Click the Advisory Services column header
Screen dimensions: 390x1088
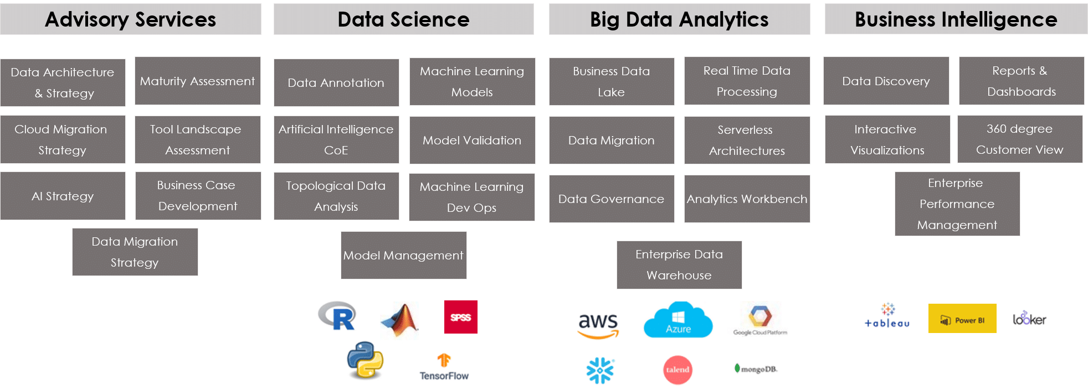[131, 19]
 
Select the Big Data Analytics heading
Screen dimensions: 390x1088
[679, 19]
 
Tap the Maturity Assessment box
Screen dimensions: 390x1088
[198, 81]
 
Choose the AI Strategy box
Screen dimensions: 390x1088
[63, 196]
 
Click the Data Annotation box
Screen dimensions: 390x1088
[336, 82]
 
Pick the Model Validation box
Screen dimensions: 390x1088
[472, 140]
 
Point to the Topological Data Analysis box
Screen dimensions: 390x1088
[336, 196]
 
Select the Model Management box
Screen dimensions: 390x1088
[403, 255]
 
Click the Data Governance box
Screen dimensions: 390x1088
[612, 199]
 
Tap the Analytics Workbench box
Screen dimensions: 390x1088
[747, 199]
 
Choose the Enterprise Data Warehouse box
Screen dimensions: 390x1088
[679, 264]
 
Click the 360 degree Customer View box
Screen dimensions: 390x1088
[1020, 139]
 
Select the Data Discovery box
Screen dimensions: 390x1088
[886, 81]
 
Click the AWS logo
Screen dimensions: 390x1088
[598, 321]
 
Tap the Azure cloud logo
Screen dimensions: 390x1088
[678, 320]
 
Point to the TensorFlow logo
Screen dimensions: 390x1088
[444, 366]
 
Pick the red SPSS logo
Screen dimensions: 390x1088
[460, 317]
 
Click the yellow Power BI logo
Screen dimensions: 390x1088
[962, 319]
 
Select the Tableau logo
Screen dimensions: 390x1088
[887, 316]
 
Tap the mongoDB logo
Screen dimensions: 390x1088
[756, 368]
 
